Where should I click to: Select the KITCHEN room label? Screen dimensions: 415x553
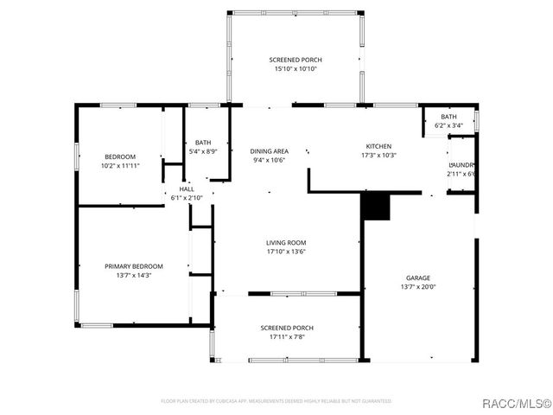[x=378, y=146]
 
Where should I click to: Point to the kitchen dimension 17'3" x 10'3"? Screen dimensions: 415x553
[x=378, y=156]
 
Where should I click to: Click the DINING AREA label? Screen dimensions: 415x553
[x=270, y=150]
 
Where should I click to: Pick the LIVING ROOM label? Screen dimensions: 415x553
[x=287, y=242]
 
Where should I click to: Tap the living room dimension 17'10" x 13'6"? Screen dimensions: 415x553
[x=287, y=252]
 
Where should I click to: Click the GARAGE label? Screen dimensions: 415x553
[x=417, y=278]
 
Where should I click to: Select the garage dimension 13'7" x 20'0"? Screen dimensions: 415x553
[x=417, y=287]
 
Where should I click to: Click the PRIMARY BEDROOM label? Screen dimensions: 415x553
[x=134, y=266]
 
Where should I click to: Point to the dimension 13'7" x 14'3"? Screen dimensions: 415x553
[x=134, y=276]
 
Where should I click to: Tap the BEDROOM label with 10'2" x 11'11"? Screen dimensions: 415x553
[x=120, y=156]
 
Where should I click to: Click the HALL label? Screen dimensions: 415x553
[x=187, y=188]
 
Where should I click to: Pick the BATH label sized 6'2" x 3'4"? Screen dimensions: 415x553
[x=448, y=117]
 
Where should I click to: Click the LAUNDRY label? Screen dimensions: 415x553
[x=461, y=164]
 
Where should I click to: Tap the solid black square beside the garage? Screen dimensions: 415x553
[x=376, y=207]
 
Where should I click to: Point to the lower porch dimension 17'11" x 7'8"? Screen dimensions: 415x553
[x=287, y=337]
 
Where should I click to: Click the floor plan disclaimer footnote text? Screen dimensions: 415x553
[x=276, y=401]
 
